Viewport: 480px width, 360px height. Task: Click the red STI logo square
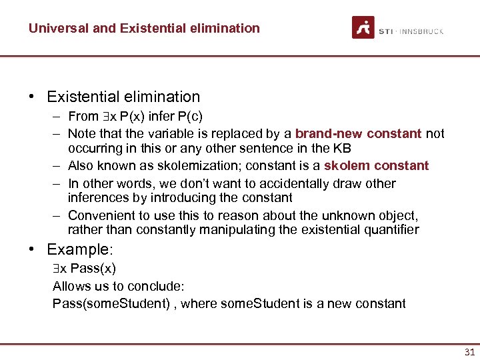click(363, 27)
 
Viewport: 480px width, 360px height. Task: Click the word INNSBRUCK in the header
click(422, 31)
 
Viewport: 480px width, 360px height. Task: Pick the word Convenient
click(99, 215)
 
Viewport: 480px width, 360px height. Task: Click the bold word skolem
click(347, 165)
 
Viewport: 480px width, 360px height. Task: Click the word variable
click(165, 133)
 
